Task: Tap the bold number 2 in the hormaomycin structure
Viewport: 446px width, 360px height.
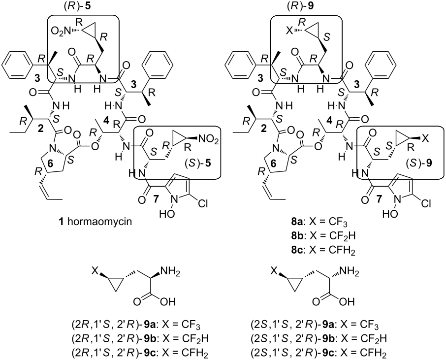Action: tap(41, 129)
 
